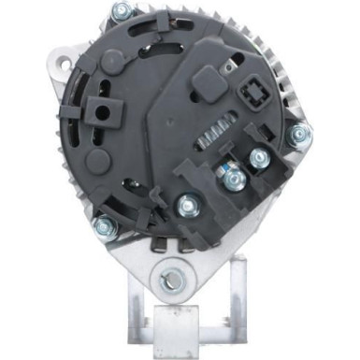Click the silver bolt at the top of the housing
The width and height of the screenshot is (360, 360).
(120, 12)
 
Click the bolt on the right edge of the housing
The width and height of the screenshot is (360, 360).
(299, 136)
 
